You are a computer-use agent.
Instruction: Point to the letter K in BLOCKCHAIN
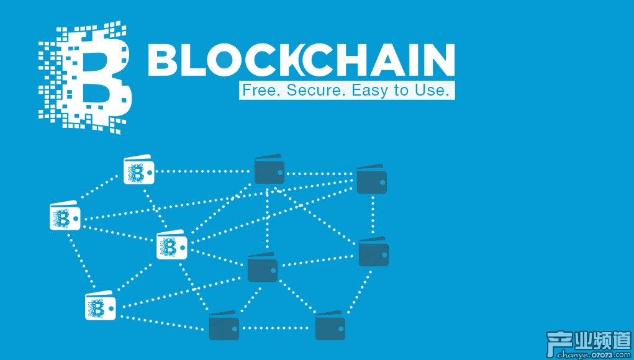[310, 60]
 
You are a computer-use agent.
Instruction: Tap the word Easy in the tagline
[371, 90]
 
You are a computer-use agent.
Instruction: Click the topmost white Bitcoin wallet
[138, 171]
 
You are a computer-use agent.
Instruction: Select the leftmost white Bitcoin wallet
[65, 217]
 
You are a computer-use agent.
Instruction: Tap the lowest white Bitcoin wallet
[100, 306]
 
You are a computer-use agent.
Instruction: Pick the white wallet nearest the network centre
[171, 245]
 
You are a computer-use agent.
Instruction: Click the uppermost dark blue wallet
[269, 169]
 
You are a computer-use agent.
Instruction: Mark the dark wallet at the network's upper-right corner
[371, 179]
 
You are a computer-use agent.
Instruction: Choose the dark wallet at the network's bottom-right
[330, 326]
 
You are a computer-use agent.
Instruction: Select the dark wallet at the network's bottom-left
[224, 326]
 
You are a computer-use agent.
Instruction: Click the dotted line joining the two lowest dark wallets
[277, 327]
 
